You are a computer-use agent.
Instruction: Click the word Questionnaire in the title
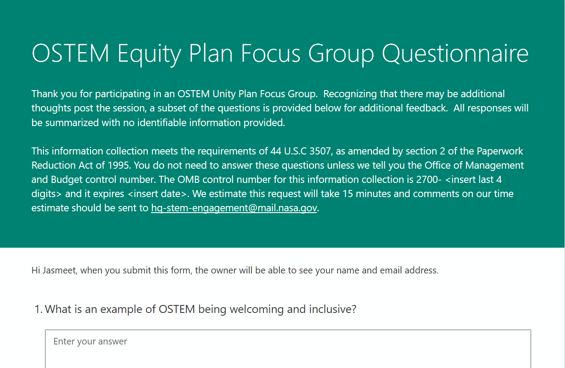(455, 53)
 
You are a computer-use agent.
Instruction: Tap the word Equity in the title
(149, 53)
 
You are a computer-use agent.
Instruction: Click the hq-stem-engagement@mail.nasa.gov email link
(234, 208)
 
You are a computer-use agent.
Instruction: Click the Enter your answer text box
(288, 348)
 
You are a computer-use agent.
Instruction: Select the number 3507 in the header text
(320, 151)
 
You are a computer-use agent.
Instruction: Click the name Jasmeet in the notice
(60, 270)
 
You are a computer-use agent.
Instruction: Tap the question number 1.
(39, 309)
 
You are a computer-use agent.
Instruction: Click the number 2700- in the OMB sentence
(429, 179)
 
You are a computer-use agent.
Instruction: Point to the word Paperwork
(500, 151)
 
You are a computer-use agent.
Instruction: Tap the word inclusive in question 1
(333, 309)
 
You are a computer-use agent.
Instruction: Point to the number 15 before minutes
(348, 194)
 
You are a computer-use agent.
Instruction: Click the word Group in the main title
(341, 53)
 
